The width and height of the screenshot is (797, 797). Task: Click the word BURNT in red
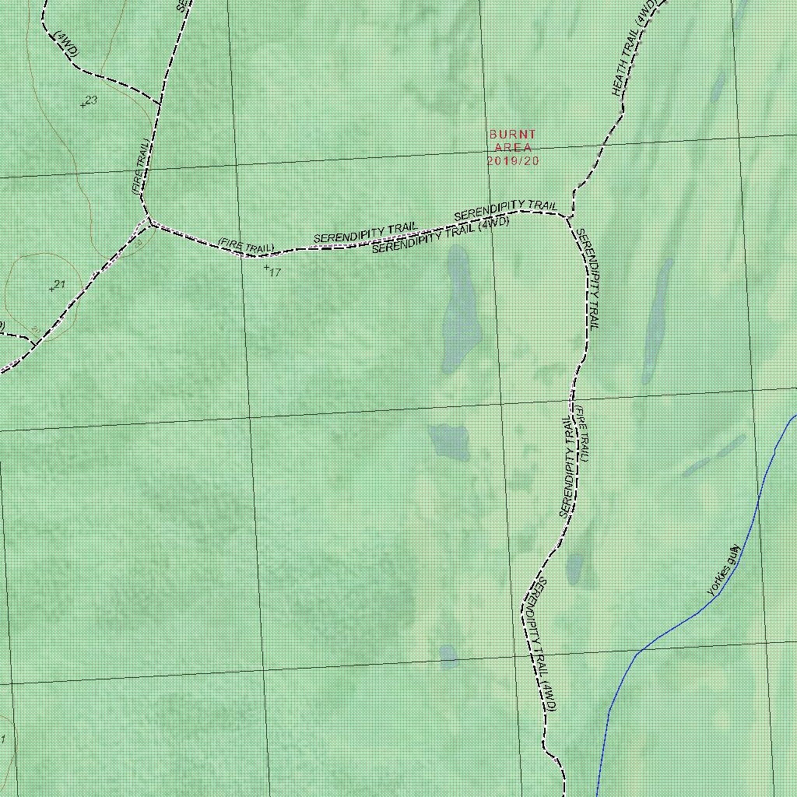tap(513, 135)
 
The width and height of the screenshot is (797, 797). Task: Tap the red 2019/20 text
tap(513, 161)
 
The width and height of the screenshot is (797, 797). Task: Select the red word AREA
tap(513, 148)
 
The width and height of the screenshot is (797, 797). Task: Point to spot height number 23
tap(92, 100)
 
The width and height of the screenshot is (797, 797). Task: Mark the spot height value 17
tap(275, 272)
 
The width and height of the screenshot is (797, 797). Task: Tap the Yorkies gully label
tap(724, 571)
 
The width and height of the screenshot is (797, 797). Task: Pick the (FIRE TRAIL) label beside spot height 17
tap(246, 246)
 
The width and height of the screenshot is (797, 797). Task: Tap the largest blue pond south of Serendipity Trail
tap(457, 309)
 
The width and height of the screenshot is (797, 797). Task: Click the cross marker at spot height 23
tap(83, 105)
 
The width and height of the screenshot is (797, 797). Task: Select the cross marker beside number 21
tap(51, 290)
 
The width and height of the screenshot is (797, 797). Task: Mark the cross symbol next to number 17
tap(266, 267)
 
